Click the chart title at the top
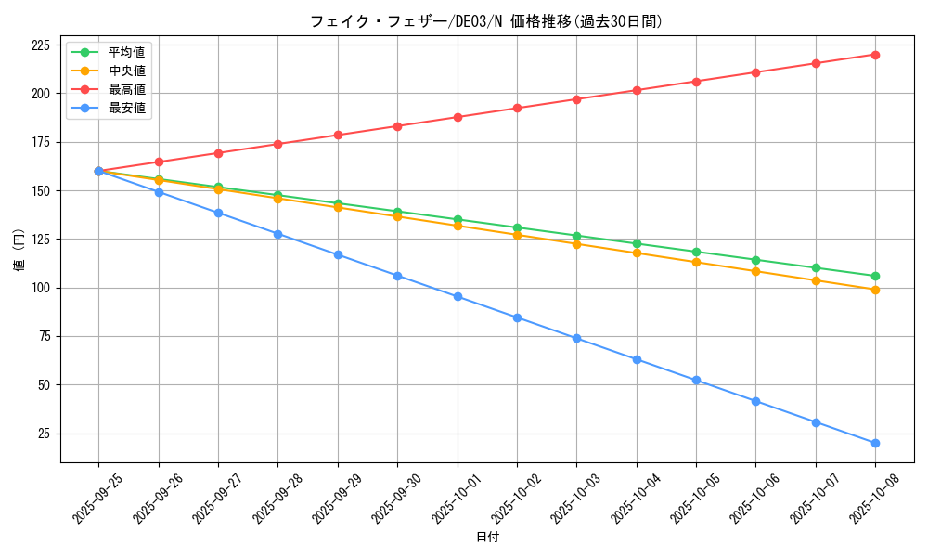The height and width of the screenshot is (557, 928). tap(486, 21)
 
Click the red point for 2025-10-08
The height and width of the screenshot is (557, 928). tap(875, 55)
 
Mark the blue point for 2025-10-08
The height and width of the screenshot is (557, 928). tap(875, 443)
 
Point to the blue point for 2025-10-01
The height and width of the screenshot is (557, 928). tap(458, 297)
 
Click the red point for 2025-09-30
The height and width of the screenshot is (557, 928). tap(397, 126)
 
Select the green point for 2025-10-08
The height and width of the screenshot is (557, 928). tap(875, 276)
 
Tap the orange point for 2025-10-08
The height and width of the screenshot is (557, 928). tap(875, 290)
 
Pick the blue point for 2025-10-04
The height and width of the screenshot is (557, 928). tap(637, 359)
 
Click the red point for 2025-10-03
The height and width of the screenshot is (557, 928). tap(576, 99)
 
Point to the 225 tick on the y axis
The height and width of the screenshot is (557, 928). tap(41, 45)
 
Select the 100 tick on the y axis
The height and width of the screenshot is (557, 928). tap(41, 288)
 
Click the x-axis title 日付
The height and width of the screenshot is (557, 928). tap(487, 538)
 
